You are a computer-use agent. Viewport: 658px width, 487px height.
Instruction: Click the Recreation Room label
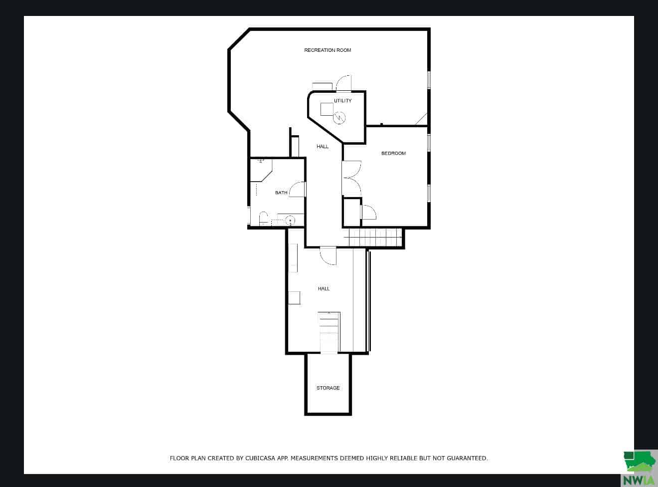click(x=328, y=50)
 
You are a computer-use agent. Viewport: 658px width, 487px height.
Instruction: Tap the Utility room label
click(x=342, y=101)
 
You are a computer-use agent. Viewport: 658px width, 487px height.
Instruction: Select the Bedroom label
click(x=393, y=153)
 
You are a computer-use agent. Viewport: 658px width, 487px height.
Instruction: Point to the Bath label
click(x=281, y=193)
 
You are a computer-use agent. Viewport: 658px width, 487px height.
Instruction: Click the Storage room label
click(x=328, y=388)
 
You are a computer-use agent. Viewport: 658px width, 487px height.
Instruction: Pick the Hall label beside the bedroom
click(x=323, y=146)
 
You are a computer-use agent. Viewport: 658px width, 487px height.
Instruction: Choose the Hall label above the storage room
click(x=324, y=288)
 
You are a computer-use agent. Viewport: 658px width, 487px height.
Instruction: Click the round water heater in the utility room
click(x=339, y=118)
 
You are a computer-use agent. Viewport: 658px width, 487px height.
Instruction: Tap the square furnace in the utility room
click(x=327, y=109)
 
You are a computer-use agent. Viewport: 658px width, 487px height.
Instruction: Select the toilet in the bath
click(x=263, y=219)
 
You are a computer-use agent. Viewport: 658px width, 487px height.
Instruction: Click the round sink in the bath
click(x=290, y=221)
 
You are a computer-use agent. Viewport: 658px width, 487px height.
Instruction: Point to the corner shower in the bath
click(x=261, y=171)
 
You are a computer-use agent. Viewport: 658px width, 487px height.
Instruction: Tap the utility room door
click(x=343, y=83)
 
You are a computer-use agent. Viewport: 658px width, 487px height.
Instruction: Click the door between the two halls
click(x=328, y=256)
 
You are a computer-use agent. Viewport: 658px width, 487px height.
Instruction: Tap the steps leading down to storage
click(x=329, y=333)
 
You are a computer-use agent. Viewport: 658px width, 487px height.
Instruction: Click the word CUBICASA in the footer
click(x=260, y=458)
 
